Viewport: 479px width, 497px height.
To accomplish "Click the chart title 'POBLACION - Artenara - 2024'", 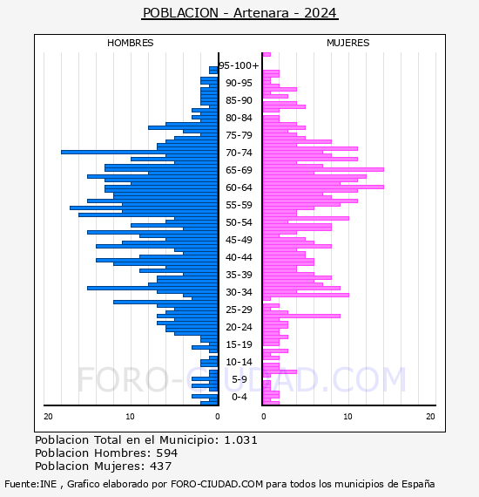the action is (x=240, y=13).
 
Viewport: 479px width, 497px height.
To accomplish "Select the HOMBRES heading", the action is (x=131, y=43).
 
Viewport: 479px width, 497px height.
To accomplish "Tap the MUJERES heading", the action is (x=348, y=43).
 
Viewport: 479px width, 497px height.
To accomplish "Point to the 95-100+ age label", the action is (x=239, y=65).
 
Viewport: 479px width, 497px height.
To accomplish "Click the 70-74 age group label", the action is (x=239, y=153).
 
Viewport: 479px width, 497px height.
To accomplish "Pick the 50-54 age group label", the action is (x=239, y=222).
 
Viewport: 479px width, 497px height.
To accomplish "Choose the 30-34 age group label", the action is (x=239, y=292).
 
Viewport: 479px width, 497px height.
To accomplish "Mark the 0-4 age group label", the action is (x=239, y=397).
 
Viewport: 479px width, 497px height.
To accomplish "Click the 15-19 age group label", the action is (x=239, y=344).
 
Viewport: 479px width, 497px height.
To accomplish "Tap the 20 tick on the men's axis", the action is (x=48, y=417).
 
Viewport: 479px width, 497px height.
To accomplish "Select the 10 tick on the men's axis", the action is (x=130, y=417).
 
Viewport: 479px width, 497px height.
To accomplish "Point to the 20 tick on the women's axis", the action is (x=430, y=417).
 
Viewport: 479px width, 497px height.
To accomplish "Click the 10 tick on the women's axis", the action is (x=348, y=417).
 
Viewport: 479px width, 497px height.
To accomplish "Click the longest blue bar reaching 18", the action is (x=139, y=152).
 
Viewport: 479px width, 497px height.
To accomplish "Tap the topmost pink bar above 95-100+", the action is (x=266, y=55).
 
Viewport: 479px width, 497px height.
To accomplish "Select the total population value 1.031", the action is (x=241, y=440).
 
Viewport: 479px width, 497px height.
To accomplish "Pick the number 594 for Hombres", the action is (x=167, y=453).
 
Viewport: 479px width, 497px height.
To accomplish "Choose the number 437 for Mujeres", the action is (x=161, y=466).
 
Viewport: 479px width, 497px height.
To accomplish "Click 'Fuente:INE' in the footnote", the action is (x=30, y=484).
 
